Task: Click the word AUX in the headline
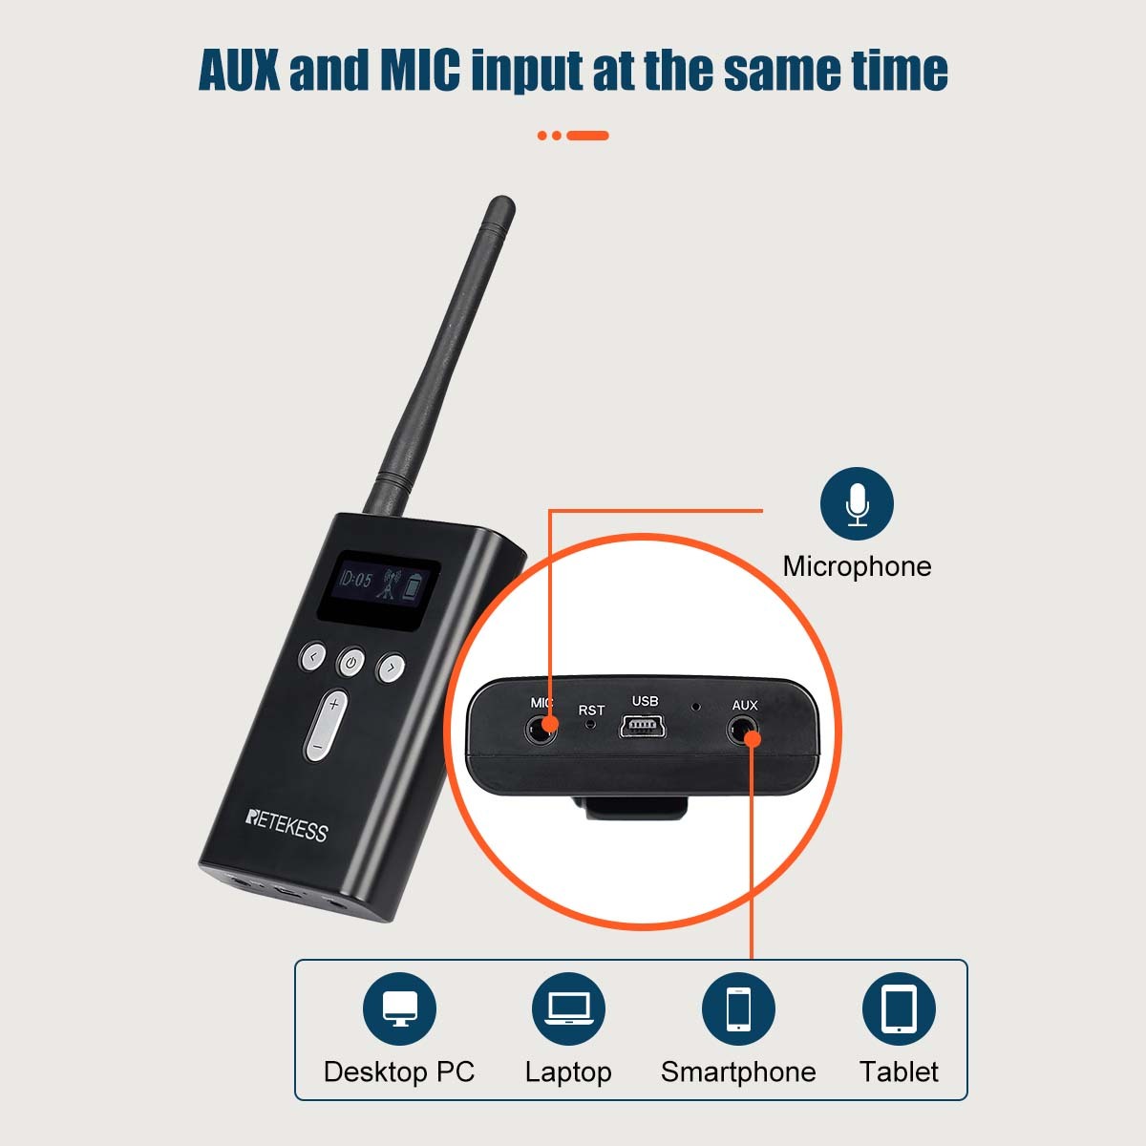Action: click(239, 69)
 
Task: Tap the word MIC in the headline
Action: click(420, 69)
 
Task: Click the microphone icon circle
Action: click(857, 503)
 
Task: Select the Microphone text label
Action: click(857, 566)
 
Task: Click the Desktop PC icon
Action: click(399, 1008)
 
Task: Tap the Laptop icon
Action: click(568, 1008)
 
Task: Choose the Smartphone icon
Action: click(738, 1008)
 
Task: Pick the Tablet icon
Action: click(899, 1008)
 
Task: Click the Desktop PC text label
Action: click(399, 1072)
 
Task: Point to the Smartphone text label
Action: click(738, 1072)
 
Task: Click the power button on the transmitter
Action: click(350, 661)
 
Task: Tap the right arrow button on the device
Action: click(391, 668)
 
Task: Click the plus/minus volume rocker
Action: click(326, 725)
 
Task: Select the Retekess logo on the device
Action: click(286, 825)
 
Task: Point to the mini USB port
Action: click(643, 727)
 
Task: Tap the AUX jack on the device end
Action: click(742, 731)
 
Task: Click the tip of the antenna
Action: click(501, 201)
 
